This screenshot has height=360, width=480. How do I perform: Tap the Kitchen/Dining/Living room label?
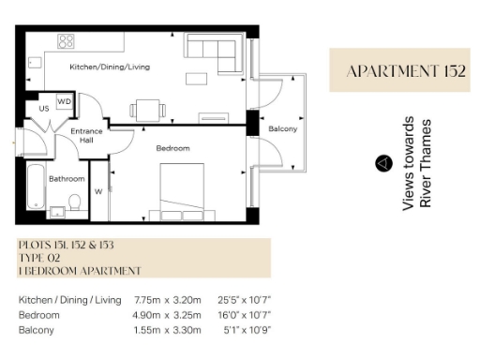[110, 67]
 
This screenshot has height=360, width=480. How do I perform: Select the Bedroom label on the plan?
[172, 148]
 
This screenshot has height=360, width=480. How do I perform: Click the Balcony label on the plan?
[282, 128]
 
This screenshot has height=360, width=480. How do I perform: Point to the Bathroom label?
[67, 178]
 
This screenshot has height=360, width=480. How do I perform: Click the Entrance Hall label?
[86, 137]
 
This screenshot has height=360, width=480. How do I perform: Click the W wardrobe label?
[98, 191]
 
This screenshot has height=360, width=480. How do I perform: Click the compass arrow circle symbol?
[382, 163]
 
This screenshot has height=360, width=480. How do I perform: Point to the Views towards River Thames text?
[417, 164]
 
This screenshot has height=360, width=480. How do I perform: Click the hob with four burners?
[67, 40]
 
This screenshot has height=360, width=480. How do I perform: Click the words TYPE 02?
[38, 258]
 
